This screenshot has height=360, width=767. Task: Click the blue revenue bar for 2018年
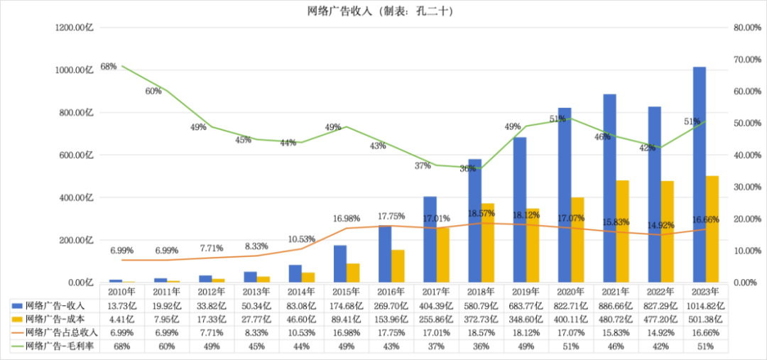[475, 220]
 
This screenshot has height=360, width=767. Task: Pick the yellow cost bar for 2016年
[398, 266]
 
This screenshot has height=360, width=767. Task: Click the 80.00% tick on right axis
[746, 28]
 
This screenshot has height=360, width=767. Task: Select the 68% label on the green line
[109, 67]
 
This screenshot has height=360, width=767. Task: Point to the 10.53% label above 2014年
[301, 239]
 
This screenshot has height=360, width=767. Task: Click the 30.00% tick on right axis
[746, 187]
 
